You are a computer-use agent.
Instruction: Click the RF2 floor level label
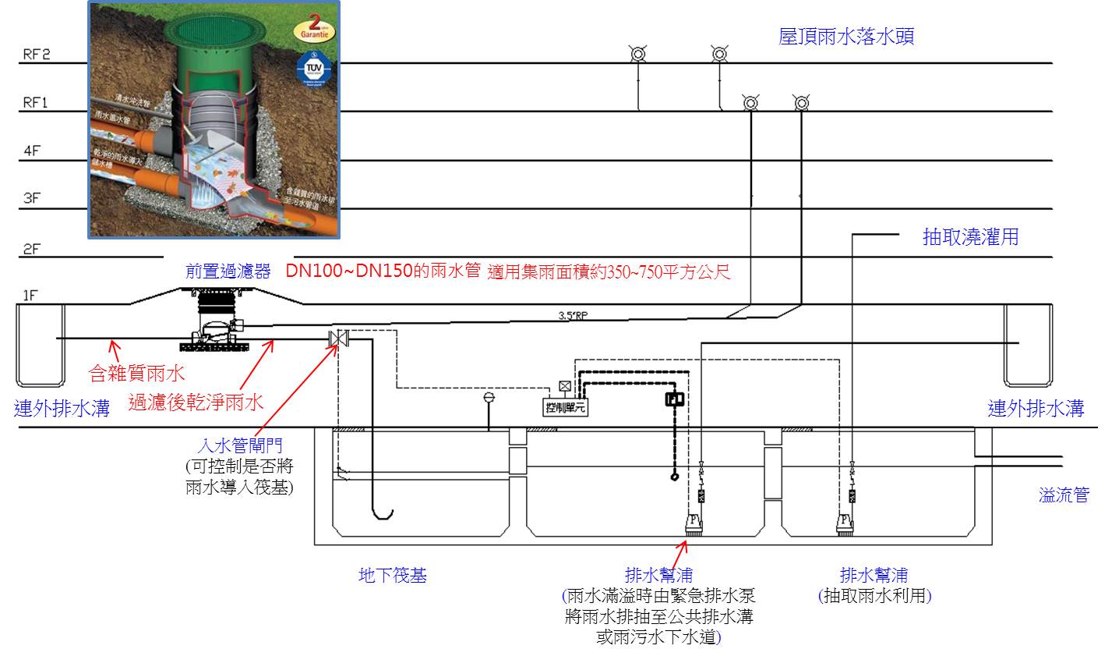click(x=35, y=55)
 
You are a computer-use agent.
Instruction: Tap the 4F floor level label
click(x=31, y=151)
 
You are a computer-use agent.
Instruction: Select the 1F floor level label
click(x=30, y=296)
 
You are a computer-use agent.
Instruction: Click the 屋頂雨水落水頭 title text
click(x=845, y=36)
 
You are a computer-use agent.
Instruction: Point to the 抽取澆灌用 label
click(x=970, y=237)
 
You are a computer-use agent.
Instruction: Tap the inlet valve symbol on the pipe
click(x=339, y=339)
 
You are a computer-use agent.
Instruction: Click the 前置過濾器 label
click(x=228, y=271)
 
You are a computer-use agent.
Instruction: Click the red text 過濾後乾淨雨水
click(x=196, y=402)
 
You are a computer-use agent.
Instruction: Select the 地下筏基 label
click(x=392, y=576)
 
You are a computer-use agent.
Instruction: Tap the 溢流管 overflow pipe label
click(x=1063, y=495)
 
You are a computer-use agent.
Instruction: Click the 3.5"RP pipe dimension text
click(x=575, y=316)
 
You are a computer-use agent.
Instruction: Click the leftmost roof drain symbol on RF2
click(x=637, y=54)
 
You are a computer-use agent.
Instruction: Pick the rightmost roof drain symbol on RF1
click(x=800, y=102)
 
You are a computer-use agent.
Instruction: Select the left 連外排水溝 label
click(x=62, y=408)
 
